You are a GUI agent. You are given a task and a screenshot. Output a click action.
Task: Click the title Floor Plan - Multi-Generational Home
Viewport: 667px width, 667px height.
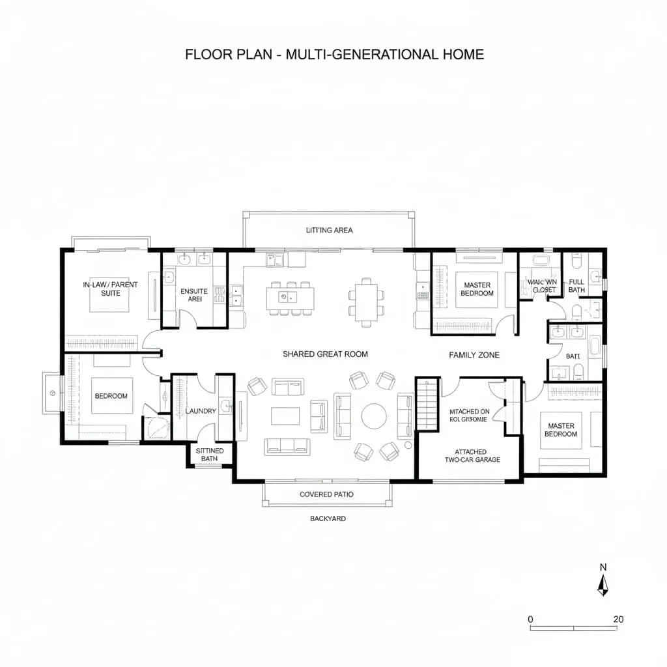pos(334,54)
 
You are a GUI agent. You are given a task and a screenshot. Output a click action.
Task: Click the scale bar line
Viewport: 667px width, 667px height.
pos(573,629)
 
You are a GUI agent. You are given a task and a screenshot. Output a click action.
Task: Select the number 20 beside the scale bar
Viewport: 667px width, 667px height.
pos(618,619)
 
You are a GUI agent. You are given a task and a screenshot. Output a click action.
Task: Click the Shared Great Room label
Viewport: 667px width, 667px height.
pos(325,354)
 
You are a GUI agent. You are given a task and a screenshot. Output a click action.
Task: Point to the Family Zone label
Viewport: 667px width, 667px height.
pos(474,355)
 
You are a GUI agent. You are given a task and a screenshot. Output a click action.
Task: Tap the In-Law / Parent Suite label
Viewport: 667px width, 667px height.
pos(110,289)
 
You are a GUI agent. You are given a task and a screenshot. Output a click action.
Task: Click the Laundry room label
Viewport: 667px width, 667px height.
pos(201,411)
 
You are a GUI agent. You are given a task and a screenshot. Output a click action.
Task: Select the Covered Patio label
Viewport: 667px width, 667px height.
pos(326,494)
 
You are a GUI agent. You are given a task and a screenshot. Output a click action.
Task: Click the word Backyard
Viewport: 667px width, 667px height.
pos(327,519)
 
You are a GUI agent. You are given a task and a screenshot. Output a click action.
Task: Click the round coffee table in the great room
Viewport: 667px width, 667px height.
pos(374,416)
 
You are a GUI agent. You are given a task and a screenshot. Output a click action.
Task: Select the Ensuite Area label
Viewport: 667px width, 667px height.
pos(193,296)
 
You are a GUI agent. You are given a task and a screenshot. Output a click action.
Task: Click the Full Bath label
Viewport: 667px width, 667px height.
pos(576,285)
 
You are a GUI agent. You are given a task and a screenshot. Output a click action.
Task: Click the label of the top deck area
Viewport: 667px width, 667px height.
pos(329,230)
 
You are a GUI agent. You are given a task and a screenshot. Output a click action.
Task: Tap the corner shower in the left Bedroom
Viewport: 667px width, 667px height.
pos(156,427)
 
